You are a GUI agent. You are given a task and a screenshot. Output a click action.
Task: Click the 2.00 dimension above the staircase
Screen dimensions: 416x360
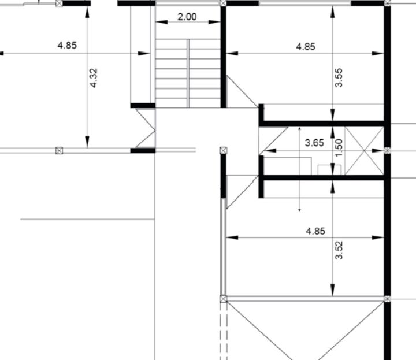(x=187, y=17)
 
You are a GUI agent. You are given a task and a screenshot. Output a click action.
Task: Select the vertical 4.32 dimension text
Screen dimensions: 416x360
(x=94, y=78)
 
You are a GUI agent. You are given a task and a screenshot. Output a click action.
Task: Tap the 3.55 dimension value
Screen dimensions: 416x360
(x=339, y=77)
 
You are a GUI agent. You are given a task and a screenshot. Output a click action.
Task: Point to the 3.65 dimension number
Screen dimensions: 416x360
(x=314, y=143)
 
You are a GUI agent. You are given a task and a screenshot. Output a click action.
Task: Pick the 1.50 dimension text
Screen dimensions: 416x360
(x=339, y=148)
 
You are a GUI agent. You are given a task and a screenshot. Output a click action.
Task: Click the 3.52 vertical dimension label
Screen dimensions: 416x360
(x=339, y=250)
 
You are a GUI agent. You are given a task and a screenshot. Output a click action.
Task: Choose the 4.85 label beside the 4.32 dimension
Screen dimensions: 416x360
(x=67, y=46)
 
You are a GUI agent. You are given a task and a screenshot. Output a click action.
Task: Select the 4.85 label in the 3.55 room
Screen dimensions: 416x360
(x=306, y=47)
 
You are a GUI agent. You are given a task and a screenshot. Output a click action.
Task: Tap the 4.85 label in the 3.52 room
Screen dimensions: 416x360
(x=315, y=231)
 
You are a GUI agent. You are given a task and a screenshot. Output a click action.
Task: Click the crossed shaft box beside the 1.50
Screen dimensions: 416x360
(x=364, y=151)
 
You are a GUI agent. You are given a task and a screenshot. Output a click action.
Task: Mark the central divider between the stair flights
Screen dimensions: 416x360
(x=188, y=73)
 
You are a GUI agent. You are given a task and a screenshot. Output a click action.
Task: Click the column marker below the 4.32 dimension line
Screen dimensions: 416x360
(x=59, y=151)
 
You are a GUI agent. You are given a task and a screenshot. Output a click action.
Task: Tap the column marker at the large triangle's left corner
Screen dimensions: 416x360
(x=224, y=299)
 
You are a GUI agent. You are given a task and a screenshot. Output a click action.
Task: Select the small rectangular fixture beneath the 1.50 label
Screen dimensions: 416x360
(x=329, y=170)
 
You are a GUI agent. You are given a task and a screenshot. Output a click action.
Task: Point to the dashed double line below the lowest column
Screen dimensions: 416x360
(x=224, y=331)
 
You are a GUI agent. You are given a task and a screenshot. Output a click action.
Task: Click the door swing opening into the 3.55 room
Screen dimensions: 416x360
(x=243, y=91)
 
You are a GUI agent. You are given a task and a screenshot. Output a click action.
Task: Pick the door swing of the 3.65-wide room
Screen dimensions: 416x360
(x=273, y=141)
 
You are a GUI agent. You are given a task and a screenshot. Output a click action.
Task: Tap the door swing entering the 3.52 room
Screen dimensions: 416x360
(x=243, y=191)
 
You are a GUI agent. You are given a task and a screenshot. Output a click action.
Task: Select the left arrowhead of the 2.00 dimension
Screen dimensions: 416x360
(x=161, y=22)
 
